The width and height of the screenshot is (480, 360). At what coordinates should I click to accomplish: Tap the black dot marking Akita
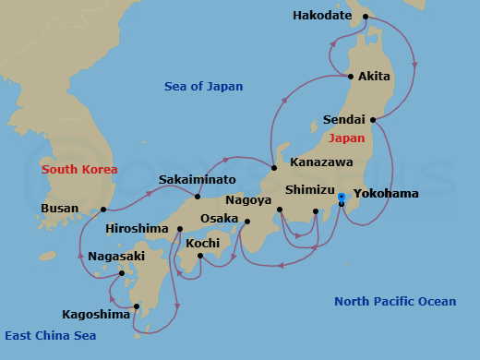[x=350, y=77]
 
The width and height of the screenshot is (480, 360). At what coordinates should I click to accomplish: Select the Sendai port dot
[x=372, y=120]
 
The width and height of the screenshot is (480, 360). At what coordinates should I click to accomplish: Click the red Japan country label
[x=346, y=138]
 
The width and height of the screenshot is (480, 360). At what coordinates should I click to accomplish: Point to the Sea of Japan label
[x=203, y=87]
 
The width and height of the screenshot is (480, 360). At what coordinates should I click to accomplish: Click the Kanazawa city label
[x=320, y=162]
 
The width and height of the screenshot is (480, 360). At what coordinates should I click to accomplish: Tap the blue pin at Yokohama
[x=342, y=198]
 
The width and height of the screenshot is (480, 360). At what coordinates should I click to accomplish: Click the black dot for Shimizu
[x=316, y=211]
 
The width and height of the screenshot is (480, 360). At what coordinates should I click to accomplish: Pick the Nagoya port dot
[x=279, y=210]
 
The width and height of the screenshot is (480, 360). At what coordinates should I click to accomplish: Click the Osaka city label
[x=220, y=218]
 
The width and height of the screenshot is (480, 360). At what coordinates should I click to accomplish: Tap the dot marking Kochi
[x=200, y=256]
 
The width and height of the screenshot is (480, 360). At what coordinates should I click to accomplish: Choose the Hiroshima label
[x=137, y=228]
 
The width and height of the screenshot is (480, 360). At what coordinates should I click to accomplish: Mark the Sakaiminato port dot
[x=198, y=196]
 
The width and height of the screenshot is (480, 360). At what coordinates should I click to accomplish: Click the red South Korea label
[x=79, y=170]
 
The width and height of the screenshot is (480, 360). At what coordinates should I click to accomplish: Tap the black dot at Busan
[x=102, y=210]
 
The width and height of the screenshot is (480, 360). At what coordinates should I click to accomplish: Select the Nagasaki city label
[x=116, y=256]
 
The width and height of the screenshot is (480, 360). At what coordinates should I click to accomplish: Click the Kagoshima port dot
[x=136, y=306]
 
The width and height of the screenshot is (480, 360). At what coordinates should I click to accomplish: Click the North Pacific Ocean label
[x=395, y=302]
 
